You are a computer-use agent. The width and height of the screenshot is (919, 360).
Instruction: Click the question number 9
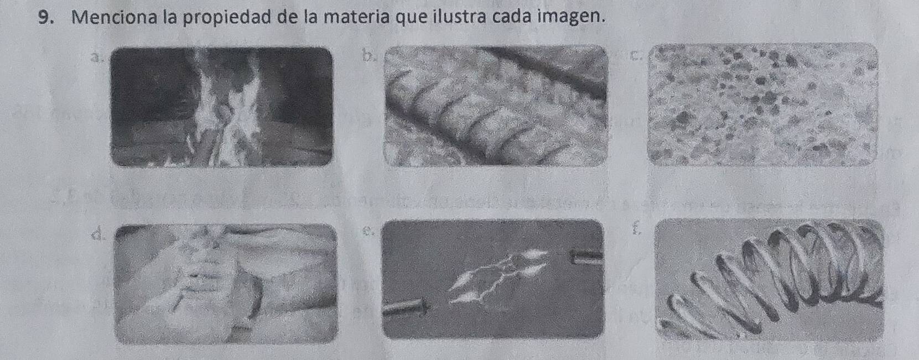tap(47, 18)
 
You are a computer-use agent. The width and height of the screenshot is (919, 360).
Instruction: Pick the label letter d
tap(98, 234)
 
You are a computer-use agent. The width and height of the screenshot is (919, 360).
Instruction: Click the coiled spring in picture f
tap(775, 276)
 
